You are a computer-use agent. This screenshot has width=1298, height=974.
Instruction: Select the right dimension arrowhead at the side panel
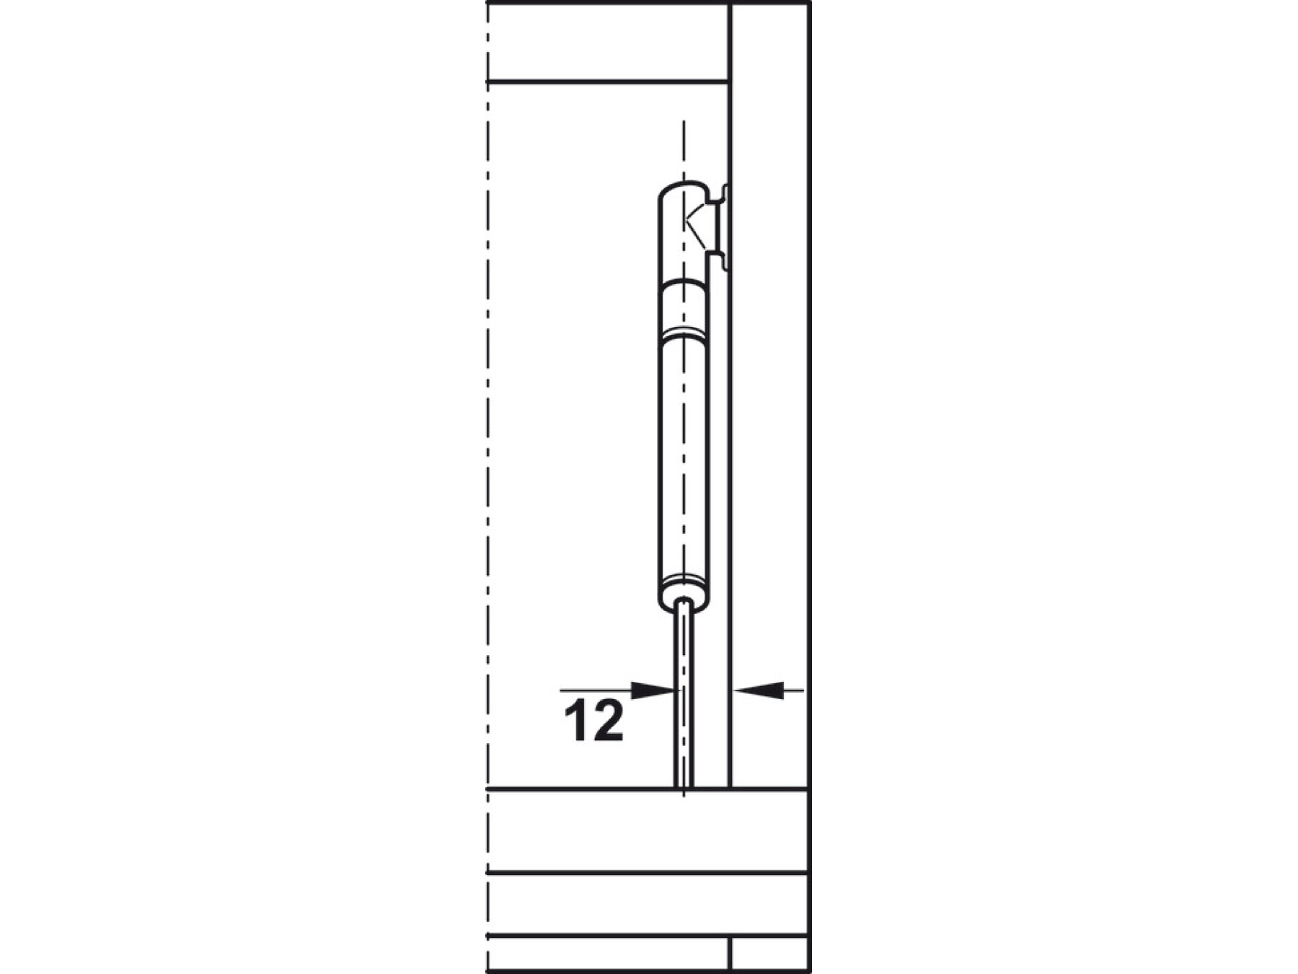click(757, 690)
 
